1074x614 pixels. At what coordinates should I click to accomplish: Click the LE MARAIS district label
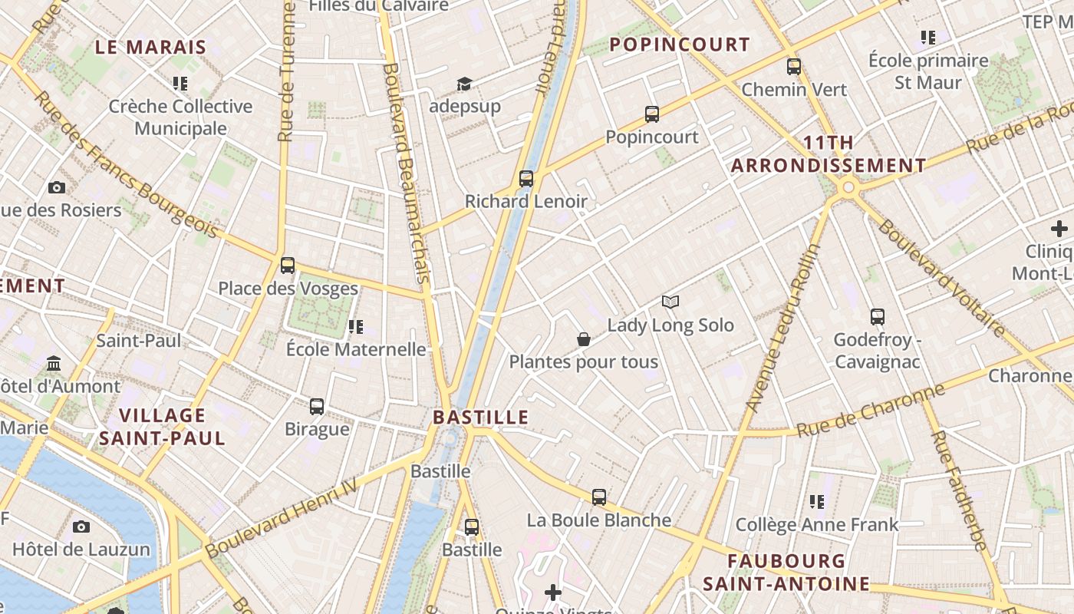click(151, 47)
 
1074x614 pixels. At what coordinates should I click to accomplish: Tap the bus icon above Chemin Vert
click(793, 67)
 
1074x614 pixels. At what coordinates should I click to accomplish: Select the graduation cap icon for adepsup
click(464, 84)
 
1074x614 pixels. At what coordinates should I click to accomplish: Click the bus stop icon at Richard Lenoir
click(525, 179)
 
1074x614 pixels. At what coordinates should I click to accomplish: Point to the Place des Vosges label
click(288, 289)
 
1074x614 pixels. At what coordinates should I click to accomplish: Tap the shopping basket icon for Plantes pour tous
click(583, 339)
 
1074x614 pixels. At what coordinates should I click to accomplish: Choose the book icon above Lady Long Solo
click(670, 302)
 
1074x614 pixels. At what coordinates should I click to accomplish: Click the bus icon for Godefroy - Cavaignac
click(877, 316)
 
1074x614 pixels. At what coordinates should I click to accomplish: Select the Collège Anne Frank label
click(816, 525)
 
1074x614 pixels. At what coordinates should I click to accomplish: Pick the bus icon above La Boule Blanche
click(598, 497)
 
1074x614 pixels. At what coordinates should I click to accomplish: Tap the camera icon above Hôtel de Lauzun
click(81, 527)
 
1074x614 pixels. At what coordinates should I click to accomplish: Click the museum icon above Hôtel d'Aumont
click(54, 362)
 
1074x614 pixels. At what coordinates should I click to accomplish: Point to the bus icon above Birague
click(316, 406)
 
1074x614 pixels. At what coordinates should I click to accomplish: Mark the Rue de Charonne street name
click(870, 411)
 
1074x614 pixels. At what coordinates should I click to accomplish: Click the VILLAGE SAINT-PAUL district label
click(162, 427)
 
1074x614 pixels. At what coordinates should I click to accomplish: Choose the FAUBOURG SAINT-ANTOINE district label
click(786, 573)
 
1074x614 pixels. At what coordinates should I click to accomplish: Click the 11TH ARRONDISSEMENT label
click(829, 153)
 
